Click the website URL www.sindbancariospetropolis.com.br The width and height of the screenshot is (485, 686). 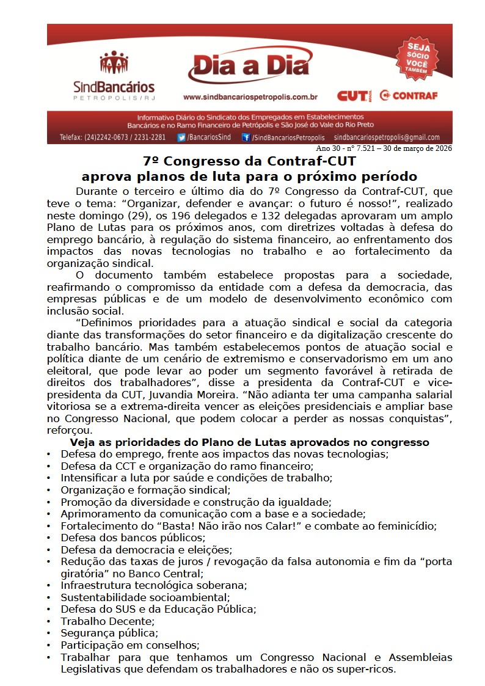coord(250,97)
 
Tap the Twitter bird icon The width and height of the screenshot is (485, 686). coord(181,137)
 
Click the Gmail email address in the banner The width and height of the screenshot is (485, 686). coord(387,137)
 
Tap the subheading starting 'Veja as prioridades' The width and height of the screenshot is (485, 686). coord(249,442)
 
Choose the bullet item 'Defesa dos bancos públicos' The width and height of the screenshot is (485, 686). coord(133,538)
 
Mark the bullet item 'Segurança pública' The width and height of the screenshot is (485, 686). coord(109,633)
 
